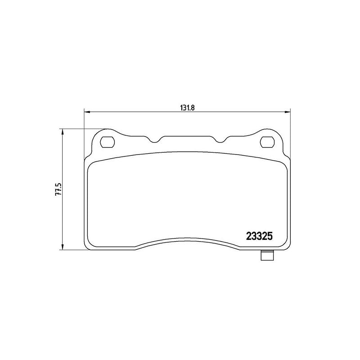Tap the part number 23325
click(259, 236)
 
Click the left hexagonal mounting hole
click(107, 142)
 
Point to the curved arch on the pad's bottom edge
click(187, 239)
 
